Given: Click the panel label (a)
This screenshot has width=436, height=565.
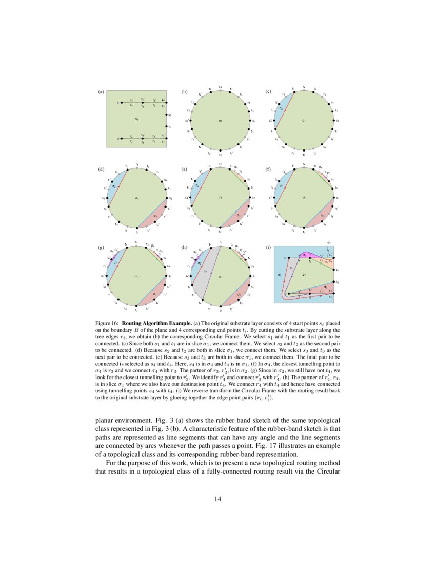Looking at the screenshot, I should (x=101, y=92).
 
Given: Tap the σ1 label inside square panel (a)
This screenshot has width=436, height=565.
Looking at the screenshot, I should (x=136, y=119).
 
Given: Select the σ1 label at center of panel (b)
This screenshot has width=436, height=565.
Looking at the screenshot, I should (x=220, y=121).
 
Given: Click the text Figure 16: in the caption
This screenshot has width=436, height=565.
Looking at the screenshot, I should (x=107, y=323).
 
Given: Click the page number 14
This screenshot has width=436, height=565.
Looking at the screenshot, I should (x=217, y=497).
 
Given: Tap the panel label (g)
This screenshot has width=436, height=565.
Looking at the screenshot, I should (x=101, y=247).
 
